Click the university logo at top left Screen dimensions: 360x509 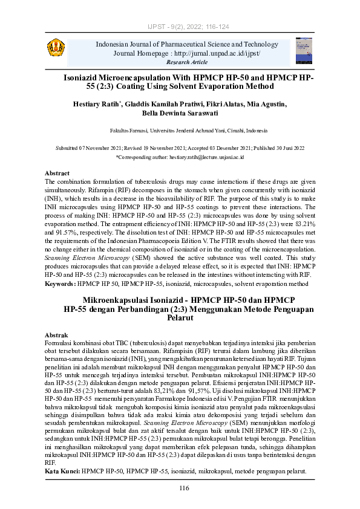[56, 46]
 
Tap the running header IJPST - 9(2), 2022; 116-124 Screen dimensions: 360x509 [180, 27]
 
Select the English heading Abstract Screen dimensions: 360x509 [57, 173]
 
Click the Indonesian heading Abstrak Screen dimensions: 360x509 [57, 335]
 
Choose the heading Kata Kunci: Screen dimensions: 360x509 [63, 470]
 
